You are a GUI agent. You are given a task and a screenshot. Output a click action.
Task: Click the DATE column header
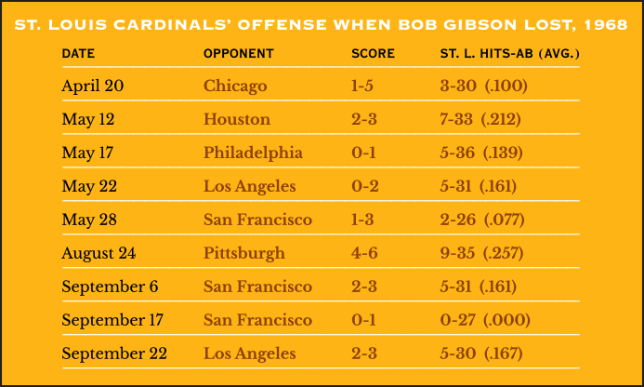[x=78, y=53]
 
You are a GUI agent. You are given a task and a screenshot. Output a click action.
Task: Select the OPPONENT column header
[x=239, y=53]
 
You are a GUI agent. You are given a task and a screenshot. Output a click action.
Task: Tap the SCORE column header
[x=373, y=53]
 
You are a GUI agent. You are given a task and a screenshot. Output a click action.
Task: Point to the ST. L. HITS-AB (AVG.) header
[x=509, y=53]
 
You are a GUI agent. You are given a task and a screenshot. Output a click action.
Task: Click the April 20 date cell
[x=92, y=86]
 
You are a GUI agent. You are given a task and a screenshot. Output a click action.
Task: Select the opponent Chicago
[x=235, y=86]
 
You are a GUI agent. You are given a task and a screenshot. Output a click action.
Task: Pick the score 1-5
[x=362, y=86]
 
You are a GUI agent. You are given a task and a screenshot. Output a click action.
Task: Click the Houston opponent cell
[x=237, y=119]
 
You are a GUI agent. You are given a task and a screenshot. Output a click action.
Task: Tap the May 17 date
[x=87, y=153]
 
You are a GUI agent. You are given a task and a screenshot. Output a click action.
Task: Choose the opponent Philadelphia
[x=253, y=153]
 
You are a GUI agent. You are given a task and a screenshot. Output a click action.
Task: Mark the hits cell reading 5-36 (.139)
[x=481, y=153]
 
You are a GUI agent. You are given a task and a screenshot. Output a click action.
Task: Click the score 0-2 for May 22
[x=364, y=186]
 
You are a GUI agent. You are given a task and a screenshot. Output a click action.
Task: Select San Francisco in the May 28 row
[x=257, y=220]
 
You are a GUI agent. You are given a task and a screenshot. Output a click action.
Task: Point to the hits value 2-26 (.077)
[x=482, y=220]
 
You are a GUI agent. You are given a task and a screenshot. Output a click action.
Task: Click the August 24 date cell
[x=99, y=253]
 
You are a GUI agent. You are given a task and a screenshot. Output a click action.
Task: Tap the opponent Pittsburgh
[x=244, y=253]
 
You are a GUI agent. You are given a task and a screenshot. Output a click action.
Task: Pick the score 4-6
[x=364, y=253]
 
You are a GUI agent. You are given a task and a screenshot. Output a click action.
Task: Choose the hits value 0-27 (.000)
[x=485, y=320]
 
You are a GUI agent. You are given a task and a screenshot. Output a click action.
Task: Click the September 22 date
[x=114, y=354]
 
